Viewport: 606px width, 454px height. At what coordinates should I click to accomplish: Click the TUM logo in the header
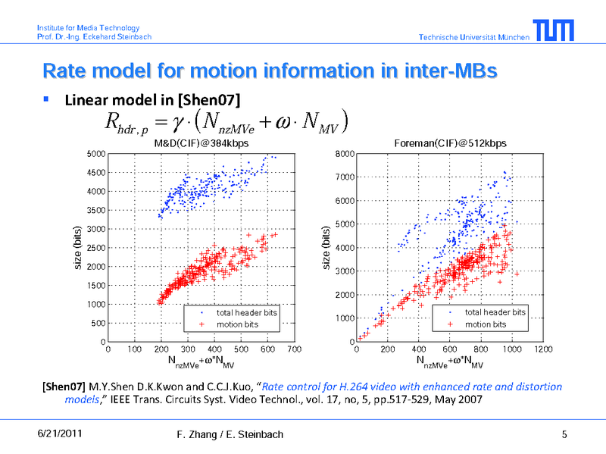pyautogui.click(x=553, y=31)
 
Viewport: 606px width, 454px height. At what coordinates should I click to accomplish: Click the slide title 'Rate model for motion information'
pyautogui.click(x=270, y=71)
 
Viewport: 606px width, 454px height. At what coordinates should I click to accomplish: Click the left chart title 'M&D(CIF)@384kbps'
pyautogui.click(x=201, y=142)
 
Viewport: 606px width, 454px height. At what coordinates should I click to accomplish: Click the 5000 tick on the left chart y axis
pyautogui.click(x=95, y=154)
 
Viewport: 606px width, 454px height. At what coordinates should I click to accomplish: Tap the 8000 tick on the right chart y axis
pyautogui.click(x=345, y=154)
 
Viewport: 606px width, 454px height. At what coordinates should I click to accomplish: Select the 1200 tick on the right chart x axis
pyautogui.click(x=543, y=349)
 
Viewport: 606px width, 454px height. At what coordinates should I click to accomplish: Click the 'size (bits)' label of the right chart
pyautogui.click(x=326, y=248)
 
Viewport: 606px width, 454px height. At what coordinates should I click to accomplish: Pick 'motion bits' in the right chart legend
pyautogui.click(x=485, y=324)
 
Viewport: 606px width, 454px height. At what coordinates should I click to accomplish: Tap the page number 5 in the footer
pyautogui.click(x=564, y=434)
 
